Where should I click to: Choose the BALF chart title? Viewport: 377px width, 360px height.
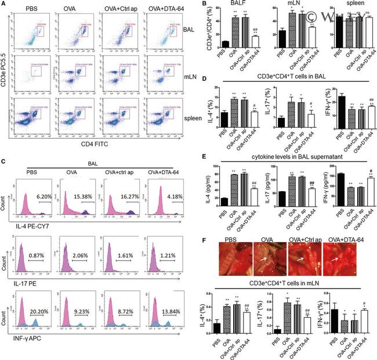coord(237,7)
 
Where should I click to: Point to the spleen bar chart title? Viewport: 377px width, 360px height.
coord(346,7)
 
